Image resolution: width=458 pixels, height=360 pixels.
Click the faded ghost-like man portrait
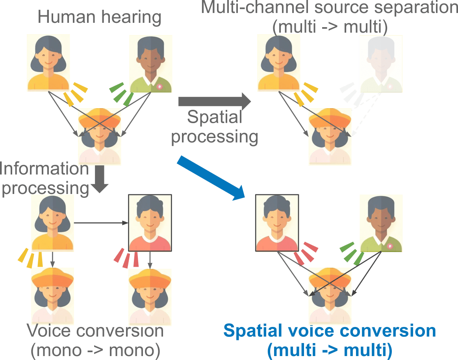pos(381,63)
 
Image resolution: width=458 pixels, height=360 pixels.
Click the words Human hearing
pos(100,18)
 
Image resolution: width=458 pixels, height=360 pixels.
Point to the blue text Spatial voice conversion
pos(330,330)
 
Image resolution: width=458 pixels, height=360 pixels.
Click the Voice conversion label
pos(95,331)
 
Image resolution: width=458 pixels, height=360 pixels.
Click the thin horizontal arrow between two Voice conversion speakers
pos(101,223)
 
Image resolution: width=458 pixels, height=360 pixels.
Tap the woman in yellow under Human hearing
pos(48,63)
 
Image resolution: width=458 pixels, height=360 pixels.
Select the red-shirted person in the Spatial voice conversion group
pos(277,223)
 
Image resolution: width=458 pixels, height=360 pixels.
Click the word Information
pos(44,169)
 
